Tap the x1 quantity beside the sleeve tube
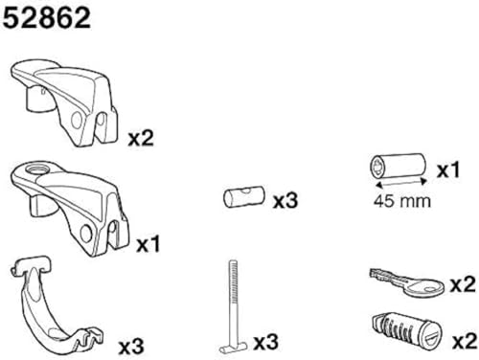[447, 170]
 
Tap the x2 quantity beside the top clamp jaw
[142, 138]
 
